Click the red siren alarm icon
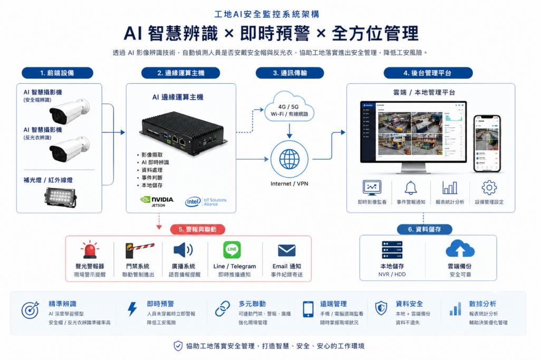click(x=90, y=250)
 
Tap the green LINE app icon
click(x=232, y=250)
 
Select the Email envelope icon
click(x=287, y=250)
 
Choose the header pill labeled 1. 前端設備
click(x=57, y=73)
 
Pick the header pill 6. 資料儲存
click(x=424, y=229)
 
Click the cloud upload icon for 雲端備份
click(x=460, y=249)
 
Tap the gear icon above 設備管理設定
click(x=489, y=188)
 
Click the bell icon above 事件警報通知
click(x=411, y=188)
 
